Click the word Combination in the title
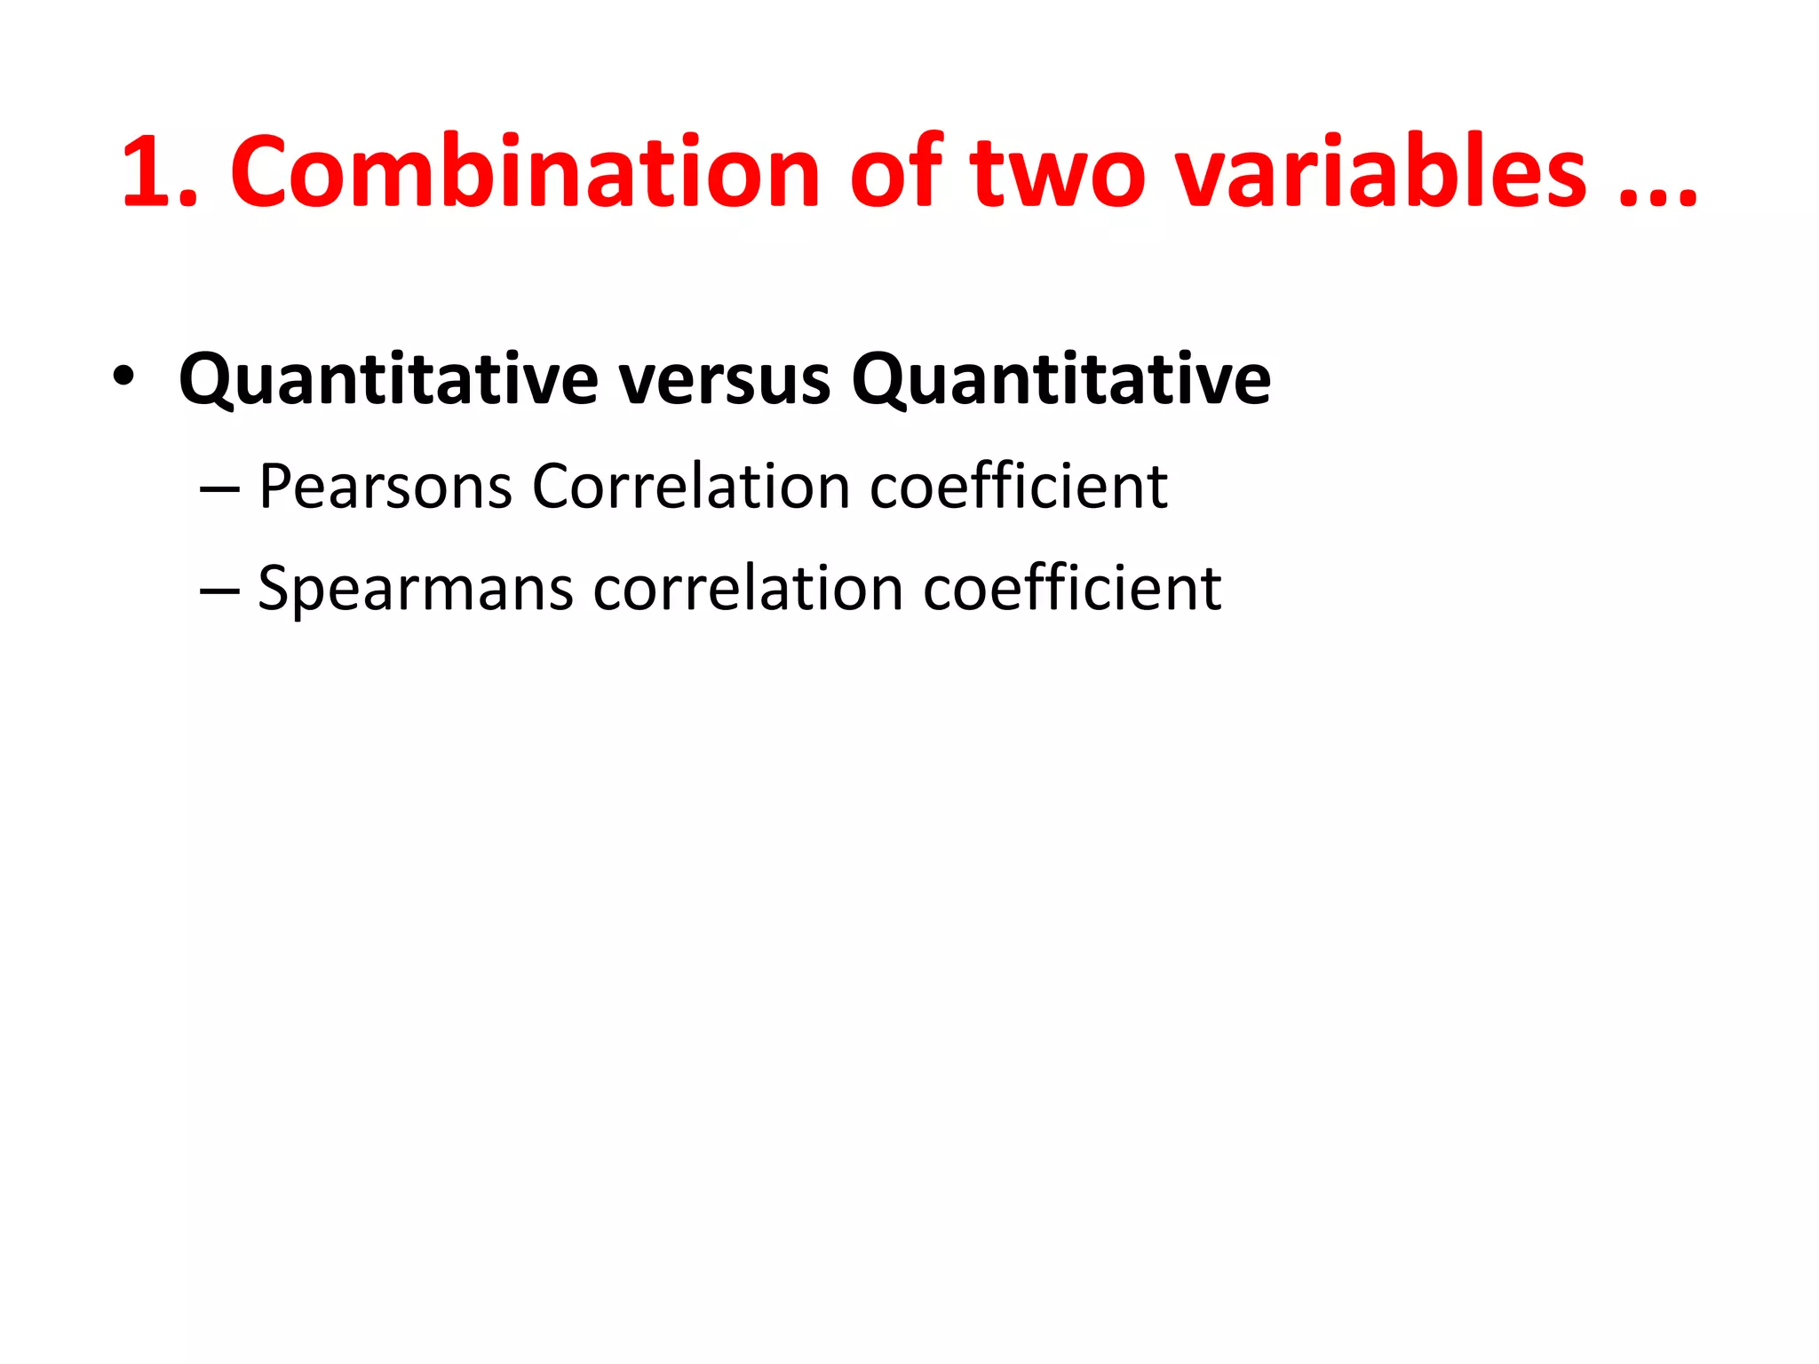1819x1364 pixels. tap(524, 172)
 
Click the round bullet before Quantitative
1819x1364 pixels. tap(123, 377)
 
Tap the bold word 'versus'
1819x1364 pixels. tap(725, 380)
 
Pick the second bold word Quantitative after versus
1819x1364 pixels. tap(1060, 380)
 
